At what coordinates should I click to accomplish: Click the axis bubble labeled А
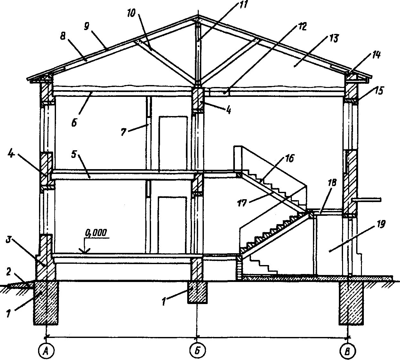tap(46, 351)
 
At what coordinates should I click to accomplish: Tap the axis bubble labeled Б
tap(197, 351)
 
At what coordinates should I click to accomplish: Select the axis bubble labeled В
tap(347, 351)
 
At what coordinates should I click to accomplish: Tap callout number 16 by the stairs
tap(289, 159)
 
